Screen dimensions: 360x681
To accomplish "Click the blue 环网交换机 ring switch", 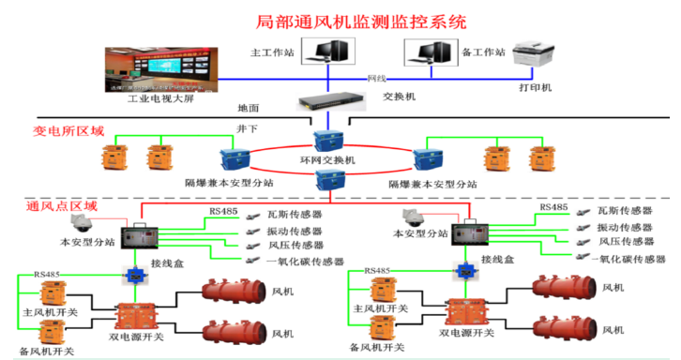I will point(335,144).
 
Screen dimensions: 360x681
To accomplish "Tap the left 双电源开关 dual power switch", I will point(131,317).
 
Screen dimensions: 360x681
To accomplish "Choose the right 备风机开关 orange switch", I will point(381,327).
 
